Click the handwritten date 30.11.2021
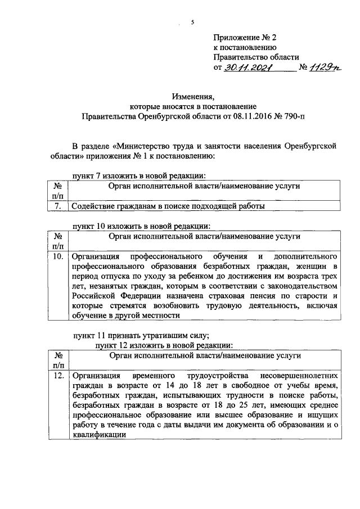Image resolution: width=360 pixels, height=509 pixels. [x=248, y=68]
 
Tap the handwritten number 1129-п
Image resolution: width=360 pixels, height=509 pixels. [x=326, y=68]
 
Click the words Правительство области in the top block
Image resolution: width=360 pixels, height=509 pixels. [x=256, y=57]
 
